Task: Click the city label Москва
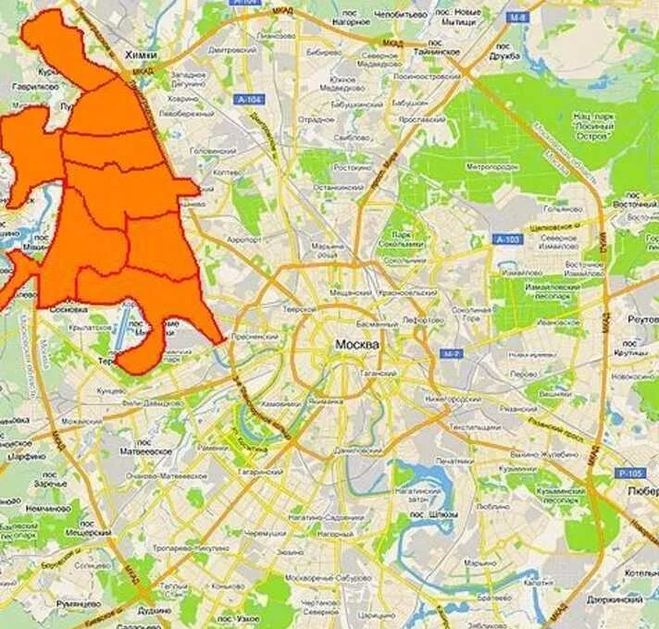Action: click(356, 345)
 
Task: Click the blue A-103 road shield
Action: click(508, 240)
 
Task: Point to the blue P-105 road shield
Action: click(629, 473)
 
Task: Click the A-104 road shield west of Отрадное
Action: click(247, 99)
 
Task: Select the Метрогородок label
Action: click(490, 167)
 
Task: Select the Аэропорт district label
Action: click(243, 238)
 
